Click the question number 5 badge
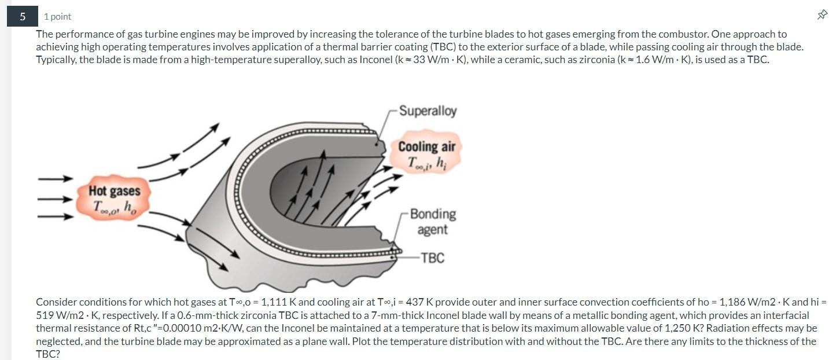[x=23, y=16]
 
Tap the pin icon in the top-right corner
[x=822, y=16]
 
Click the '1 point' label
[x=58, y=17]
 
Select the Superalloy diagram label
[x=428, y=111]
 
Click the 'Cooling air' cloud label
[x=426, y=147]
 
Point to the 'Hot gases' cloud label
[x=115, y=190]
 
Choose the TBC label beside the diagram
[x=433, y=258]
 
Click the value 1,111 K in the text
[x=278, y=302]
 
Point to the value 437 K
[x=423, y=302]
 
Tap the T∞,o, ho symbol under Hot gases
[x=115, y=206]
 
